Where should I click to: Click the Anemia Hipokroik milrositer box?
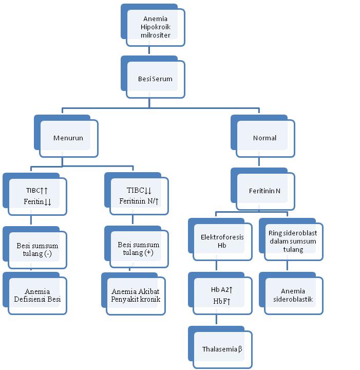click(155, 27)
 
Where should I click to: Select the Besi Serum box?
click(155, 79)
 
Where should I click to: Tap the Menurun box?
click(68, 138)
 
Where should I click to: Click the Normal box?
click(265, 138)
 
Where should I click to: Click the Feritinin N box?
click(265, 191)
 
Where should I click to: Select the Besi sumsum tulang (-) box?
click(37, 250)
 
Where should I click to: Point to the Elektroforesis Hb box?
click(222, 242)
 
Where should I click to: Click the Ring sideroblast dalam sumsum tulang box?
click(293, 241)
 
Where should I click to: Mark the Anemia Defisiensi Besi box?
click(37, 295)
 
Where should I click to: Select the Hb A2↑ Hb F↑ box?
click(222, 295)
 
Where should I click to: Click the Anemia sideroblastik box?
click(293, 295)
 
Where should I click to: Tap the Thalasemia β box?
click(222, 349)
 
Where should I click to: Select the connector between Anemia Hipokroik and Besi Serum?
click(149, 51)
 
